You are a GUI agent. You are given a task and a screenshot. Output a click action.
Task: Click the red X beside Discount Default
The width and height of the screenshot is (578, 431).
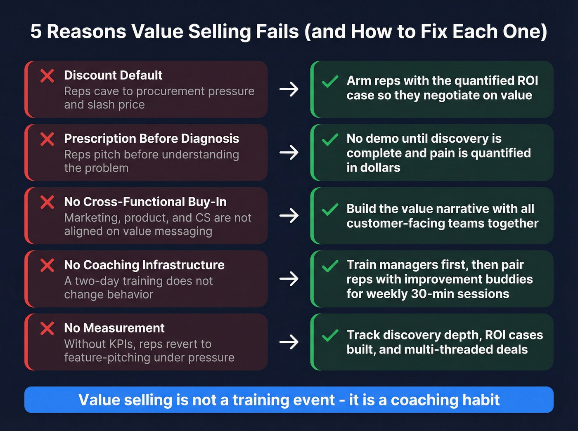pyautogui.click(x=47, y=76)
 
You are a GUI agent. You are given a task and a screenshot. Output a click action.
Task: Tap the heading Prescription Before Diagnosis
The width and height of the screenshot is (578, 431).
pyautogui.click(x=152, y=139)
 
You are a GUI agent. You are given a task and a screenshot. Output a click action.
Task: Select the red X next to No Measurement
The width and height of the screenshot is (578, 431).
pyautogui.click(x=47, y=329)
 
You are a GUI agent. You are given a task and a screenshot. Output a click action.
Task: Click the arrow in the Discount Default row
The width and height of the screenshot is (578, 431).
pyautogui.click(x=289, y=89)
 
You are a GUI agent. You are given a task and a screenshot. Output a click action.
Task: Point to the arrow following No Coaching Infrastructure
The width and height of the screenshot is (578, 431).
pyautogui.click(x=289, y=279)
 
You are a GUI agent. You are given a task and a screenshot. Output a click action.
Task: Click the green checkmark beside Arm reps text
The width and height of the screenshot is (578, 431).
pyautogui.click(x=330, y=82)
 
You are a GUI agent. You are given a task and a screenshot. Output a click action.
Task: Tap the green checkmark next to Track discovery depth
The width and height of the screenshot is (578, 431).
pyautogui.click(x=330, y=336)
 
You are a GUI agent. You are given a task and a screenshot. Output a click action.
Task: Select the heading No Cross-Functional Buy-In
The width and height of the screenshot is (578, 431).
pyautogui.click(x=145, y=202)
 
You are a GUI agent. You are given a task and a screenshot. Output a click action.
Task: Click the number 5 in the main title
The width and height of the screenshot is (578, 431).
pyautogui.click(x=36, y=32)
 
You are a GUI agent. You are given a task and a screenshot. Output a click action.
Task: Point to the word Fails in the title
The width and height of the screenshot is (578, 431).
pyautogui.click(x=277, y=32)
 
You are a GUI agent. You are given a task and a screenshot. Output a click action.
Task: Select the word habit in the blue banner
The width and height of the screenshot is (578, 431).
pyautogui.click(x=481, y=400)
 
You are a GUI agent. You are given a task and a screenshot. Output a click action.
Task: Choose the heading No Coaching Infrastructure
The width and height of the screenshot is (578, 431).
pyautogui.click(x=144, y=265)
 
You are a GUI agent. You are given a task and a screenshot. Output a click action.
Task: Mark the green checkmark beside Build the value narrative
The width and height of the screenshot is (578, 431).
pyautogui.click(x=330, y=210)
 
